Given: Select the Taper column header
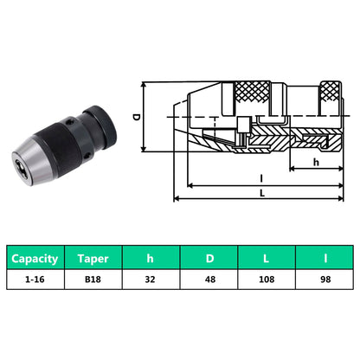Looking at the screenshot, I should pyautogui.click(x=92, y=258).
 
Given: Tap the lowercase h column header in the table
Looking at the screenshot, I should pyautogui.click(x=150, y=258).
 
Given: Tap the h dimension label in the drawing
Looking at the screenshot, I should pyautogui.click(x=316, y=160).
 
